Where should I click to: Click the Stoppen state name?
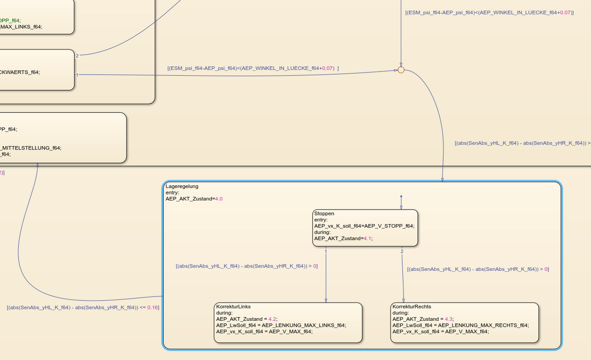(x=324, y=214)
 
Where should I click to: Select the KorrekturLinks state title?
(x=233, y=306)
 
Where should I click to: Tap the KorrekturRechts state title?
(x=412, y=306)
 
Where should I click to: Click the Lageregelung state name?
(x=182, y=186)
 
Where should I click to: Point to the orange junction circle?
(x=401, y=70)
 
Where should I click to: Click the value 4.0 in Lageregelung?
(x=218, y=199)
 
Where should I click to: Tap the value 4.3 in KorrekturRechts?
(x=449, y=319)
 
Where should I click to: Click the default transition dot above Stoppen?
(x=401, y=196)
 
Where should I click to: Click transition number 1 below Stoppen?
(x=326, y=251)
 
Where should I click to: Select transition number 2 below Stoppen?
(x=402, y=251)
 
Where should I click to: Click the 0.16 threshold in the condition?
(x=153, y=307)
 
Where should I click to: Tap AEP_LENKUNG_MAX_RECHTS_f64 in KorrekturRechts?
(x=483, y=325)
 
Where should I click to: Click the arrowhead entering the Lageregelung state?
(x=443, y=179)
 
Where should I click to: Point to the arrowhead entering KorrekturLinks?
(x=326, y=300)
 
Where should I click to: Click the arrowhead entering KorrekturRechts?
(x=403, y=300)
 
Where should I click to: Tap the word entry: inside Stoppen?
(x=321, y=220)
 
